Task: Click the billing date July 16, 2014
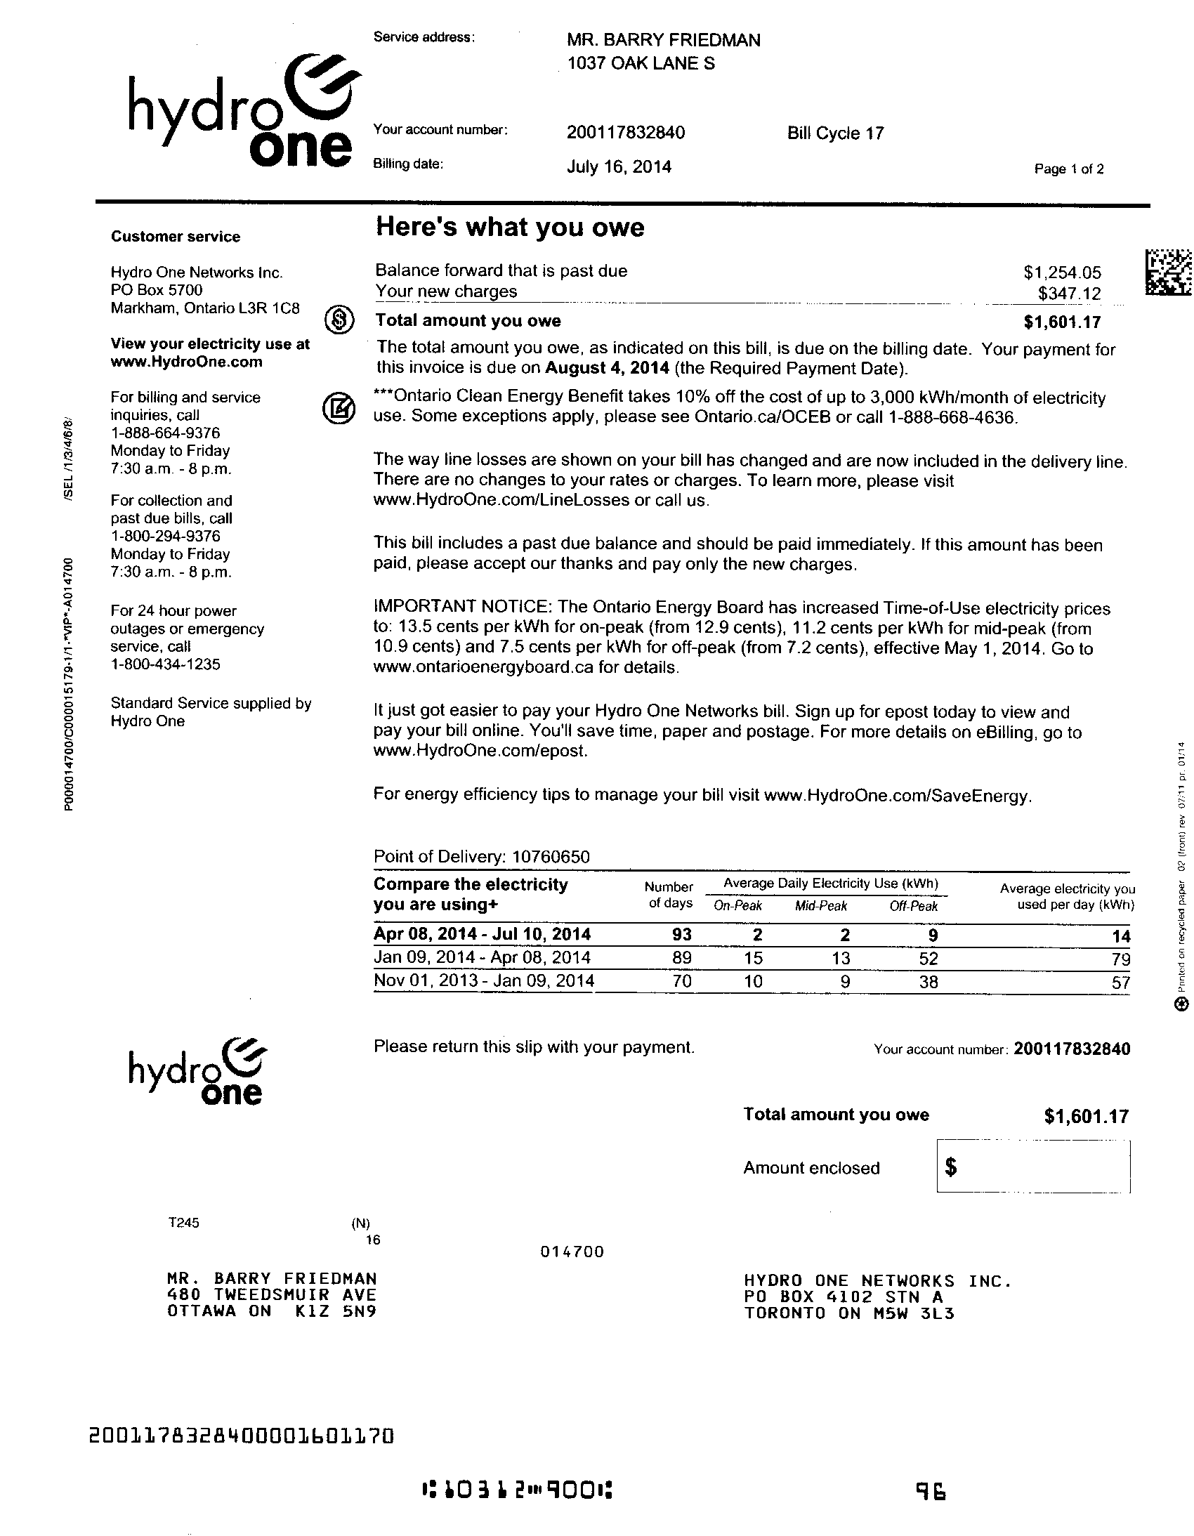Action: pos(619,167)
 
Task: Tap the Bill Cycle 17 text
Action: pos(835,133)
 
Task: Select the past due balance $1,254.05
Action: pos(1062,273)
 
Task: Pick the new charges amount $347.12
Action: pos(1069,294)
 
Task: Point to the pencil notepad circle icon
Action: pos(339,408)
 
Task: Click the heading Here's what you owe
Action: pos(510,228)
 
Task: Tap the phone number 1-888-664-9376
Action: pos(165,433)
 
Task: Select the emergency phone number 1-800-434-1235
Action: pos(165,664)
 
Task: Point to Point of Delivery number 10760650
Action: pos(551,857)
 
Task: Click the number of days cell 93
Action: pos(681,935)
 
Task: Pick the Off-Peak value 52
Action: pos(929,959)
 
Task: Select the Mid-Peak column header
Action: pos(820,907)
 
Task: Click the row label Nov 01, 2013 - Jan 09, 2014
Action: pos(484,981)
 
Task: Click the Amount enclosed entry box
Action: pos(1033,1167)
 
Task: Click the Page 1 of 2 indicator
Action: pos(1068,169)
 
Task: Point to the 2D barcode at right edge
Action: pos(1168,273)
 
